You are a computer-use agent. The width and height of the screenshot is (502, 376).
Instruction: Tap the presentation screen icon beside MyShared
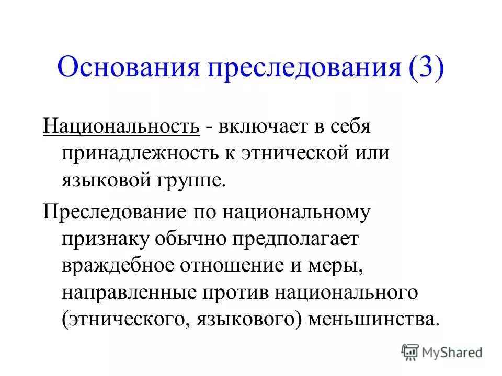410,352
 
